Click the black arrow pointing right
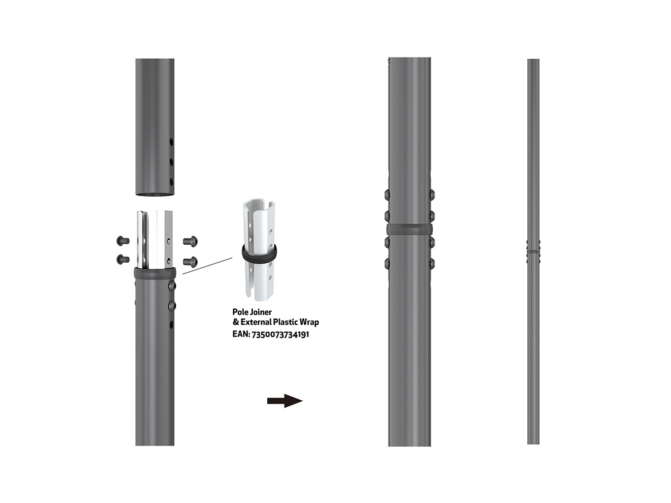pyautogui.click(x=285, y=401)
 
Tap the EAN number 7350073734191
pyautogui.click(x=280, y=334)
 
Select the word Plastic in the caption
pyautogui.click(x=286, y=322)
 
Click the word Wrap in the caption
pyautogui.click(x=310, y=322)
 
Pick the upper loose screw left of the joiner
pyautogui.click(x=123, y=241)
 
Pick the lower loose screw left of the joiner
pyautogui.click(x=123, y=259)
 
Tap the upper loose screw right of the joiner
pyautogui.click(x=190, y=241)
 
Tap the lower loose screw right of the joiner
pyautogui.click(x=190, y=261)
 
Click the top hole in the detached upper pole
pyautogui.click(x=172, y=142)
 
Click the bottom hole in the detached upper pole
pyautogui.click(x=172, y=182)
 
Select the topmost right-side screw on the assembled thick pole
pyautogui.click(x=432, y=194)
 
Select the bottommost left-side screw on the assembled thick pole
pyautogui.click(x=387, y=263)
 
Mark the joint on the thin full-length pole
pyautogui.click(x=533, y=251)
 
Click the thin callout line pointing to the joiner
pyautogui.click(x=207, y=266)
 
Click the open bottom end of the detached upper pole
pyautogui.click(x=155, y=194)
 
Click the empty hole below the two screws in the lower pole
pyautogui.click(x=172, y=325)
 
